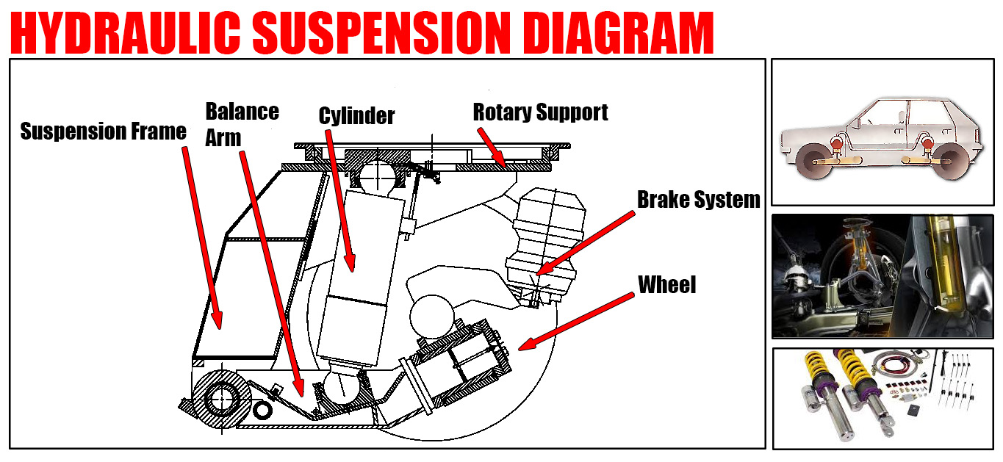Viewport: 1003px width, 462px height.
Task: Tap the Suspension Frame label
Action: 103,132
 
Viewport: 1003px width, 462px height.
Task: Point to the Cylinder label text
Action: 356,115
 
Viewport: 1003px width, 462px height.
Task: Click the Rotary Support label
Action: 540,112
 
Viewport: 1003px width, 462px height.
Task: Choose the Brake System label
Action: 698,199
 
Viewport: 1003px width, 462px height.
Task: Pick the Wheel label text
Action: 666,284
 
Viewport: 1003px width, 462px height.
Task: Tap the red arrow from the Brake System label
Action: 584,243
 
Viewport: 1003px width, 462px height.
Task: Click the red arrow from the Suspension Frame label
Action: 201,235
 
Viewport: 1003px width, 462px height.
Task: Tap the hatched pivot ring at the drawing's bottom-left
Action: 223,397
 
